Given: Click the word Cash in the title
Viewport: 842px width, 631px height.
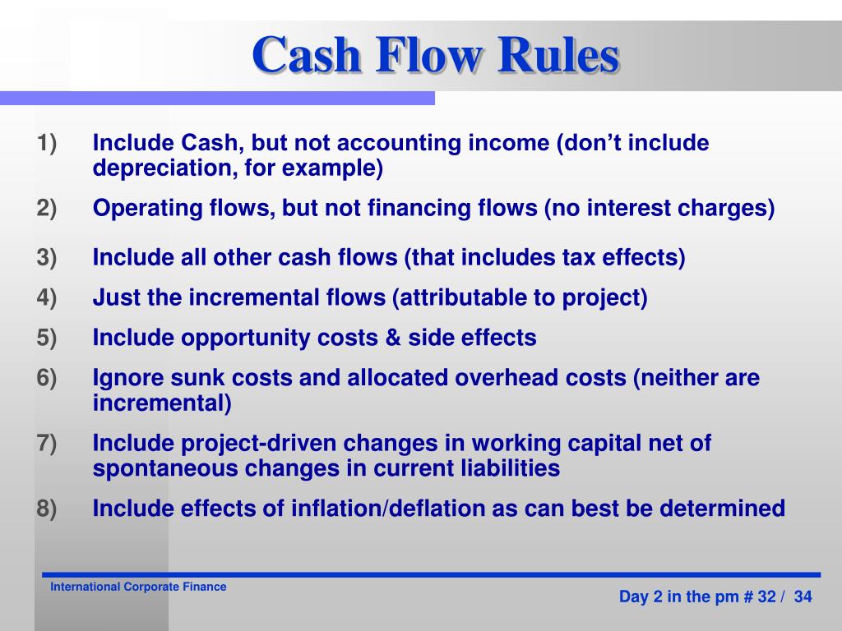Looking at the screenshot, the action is [306, 55].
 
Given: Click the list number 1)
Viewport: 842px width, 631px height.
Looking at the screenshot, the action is [47, 143].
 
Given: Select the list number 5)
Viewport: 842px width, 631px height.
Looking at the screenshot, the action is [47, 338].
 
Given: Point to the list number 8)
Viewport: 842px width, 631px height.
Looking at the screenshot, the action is [47, 509].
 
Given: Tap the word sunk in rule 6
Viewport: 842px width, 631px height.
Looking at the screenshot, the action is [197, 378].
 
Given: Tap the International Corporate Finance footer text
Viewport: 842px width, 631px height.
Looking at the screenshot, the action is [138, 587].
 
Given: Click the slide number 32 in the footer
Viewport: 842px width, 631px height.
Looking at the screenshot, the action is [767, 596].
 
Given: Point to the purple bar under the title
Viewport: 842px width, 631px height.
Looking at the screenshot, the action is [217, 99].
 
